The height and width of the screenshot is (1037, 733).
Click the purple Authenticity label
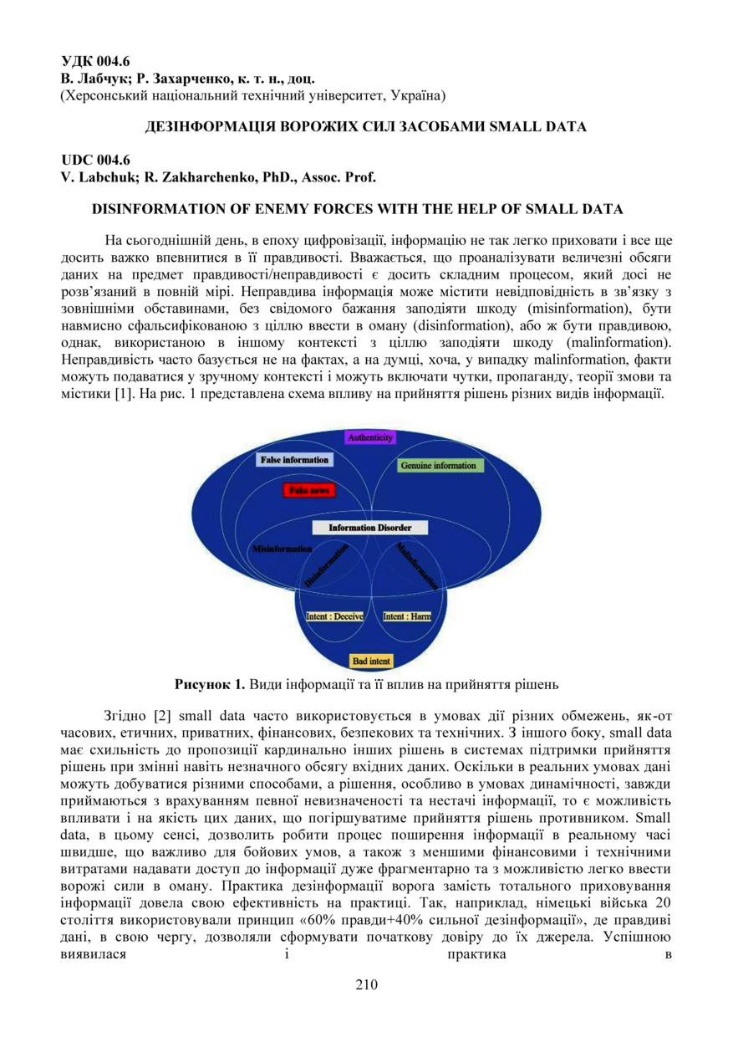370,437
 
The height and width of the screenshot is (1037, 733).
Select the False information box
293,460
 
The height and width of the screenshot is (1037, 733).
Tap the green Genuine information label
438,465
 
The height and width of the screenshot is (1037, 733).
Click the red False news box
308,491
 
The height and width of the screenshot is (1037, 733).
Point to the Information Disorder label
369,528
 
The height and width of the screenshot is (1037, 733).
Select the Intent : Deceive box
334,616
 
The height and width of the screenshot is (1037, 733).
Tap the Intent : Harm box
407,616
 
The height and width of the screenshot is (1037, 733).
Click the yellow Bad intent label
371,661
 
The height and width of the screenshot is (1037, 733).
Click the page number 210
366,984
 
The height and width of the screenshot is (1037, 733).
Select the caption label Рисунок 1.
209,684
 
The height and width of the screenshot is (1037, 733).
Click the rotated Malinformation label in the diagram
417,565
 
